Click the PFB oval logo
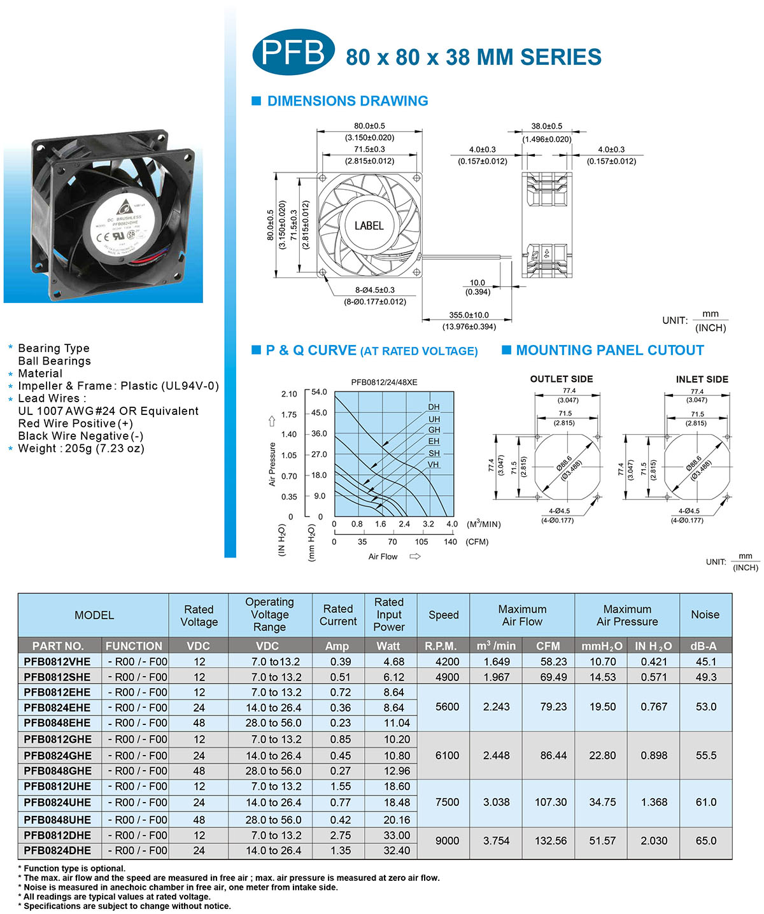tap(293, 52)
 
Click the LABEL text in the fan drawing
tap(369, 226)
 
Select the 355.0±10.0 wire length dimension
tap(469, 315)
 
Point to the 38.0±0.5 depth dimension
tap(547, 126)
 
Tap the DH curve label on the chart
tap(434, 407)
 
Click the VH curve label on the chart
tap(434, 465)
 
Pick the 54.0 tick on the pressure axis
tap(319, 392)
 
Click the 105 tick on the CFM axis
tap(421, 542)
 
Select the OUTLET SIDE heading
tap(562, 379)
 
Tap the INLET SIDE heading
tap(702, 379)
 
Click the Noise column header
tap(705, 615)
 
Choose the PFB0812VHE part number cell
tap(57, 662)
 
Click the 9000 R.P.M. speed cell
tap(447, 841)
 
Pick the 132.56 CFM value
tap(551, 841)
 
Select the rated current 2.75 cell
tap(341, 836)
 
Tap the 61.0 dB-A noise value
tap(706, 803)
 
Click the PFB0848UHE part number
tap(57, 820)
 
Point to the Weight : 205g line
tap(81, 449)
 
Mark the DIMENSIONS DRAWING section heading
tap(348, 101)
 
